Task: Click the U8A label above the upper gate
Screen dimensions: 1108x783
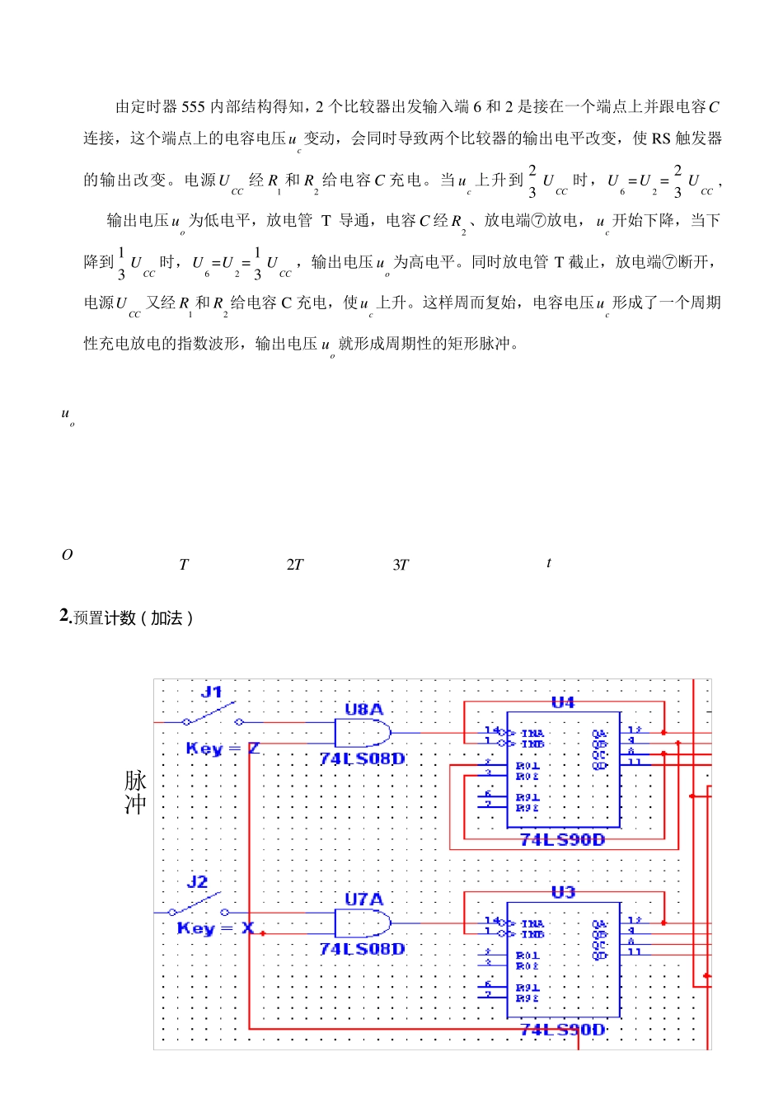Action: (x=363, y=709)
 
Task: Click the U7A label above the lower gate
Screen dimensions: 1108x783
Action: (x=363, y=899)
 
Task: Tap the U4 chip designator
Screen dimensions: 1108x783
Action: (x=563, y=702)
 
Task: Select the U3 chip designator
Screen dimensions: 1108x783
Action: (x=563, y=892)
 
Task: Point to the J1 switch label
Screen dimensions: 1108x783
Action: (x=213, y=692)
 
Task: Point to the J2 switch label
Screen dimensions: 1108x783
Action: (x=198, y=882)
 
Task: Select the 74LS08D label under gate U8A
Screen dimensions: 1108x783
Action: (x=363, y=758)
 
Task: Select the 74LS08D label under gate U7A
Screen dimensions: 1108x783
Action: (x=363, y=949)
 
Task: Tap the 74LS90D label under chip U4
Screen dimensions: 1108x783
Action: (x=563, y=840)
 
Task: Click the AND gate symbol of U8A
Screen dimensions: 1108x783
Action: (x=361, y=732)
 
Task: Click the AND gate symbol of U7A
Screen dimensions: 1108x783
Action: (x=361, y=923)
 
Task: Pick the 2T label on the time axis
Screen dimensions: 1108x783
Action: (x=295, y=565)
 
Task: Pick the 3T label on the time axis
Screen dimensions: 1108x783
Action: (x=401, y=565)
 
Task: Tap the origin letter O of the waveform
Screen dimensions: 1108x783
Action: (x=68, y=555)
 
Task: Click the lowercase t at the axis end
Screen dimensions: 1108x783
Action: (x=549, y=563)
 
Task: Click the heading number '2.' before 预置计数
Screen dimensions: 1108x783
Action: (x=66, y=616)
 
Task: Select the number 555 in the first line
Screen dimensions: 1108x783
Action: (x=193, y=106)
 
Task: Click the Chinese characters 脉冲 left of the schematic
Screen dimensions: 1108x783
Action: (x=136, y=792)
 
